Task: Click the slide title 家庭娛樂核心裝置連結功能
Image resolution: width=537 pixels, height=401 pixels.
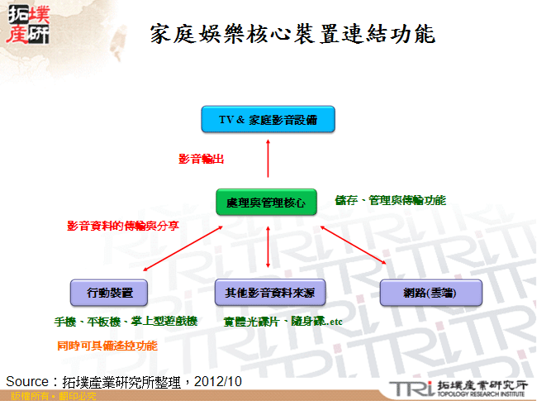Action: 292,34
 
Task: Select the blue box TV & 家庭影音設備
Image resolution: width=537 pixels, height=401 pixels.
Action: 268,120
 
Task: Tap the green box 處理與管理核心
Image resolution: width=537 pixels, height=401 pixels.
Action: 266,202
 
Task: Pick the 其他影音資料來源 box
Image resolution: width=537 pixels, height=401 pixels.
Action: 269,292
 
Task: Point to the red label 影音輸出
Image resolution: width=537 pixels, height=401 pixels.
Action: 202,159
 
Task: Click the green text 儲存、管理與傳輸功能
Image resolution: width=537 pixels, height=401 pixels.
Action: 390,200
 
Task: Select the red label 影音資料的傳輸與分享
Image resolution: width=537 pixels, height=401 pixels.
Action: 123,225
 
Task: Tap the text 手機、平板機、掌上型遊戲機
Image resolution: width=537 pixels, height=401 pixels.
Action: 126,321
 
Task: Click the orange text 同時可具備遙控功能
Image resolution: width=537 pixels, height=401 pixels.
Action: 107,345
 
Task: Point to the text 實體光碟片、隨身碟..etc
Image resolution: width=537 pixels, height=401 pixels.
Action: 283,321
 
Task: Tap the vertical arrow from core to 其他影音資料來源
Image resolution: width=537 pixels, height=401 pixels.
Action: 268,246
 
